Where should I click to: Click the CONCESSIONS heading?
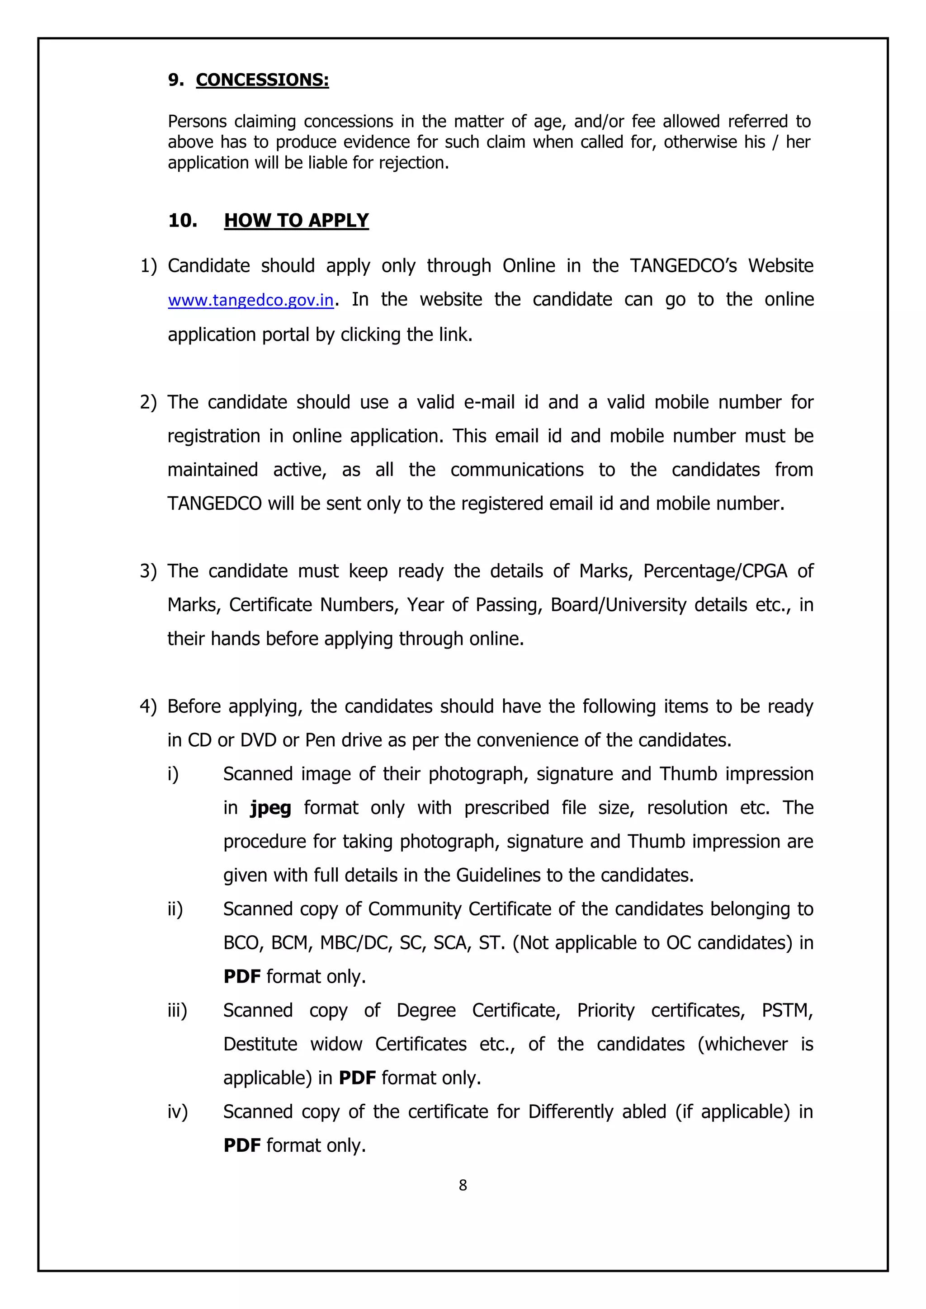262,80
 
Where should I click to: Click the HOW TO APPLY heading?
296,221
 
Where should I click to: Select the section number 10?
183,221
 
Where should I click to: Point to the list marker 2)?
148,402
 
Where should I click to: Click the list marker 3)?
148,571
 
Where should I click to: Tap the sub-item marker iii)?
177,1010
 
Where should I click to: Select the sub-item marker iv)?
177,1112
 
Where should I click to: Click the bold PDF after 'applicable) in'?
357,1078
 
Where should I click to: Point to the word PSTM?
786,1010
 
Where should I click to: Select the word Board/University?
618,605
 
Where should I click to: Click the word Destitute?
260,1045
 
